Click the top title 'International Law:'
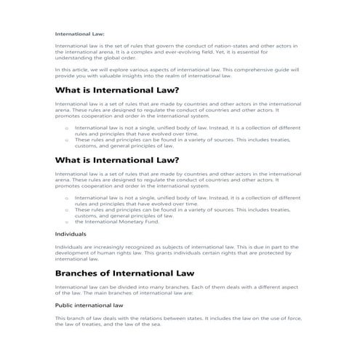79,33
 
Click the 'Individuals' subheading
71,234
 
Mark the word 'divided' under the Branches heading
124,288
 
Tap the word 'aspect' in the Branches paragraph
289,288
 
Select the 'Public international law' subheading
89,306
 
